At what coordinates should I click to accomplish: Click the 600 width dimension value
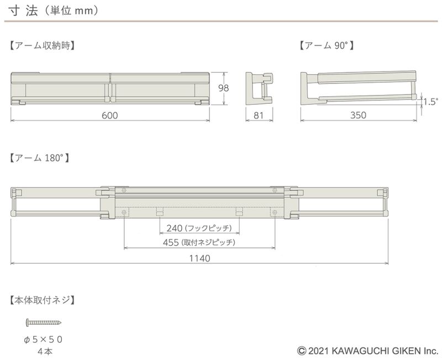pos(109,115)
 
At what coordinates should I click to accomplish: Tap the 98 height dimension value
pos(224,88)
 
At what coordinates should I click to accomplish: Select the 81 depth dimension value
pos(259,115)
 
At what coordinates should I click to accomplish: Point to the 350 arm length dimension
pos(358,115)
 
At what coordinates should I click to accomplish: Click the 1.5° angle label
pos(431,102)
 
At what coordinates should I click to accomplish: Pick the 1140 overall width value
pos(199,258)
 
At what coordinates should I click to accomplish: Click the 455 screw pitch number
pos(171,242)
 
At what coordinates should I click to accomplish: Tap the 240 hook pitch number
pos(175,228)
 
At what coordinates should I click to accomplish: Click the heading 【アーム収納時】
pos(42,45)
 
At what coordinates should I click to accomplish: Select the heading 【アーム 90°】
pos(326,45)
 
